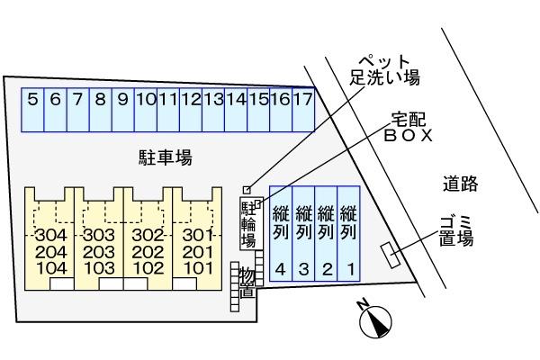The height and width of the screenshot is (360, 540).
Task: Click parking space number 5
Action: click(32, 100)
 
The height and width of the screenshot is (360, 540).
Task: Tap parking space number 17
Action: click(302, 100)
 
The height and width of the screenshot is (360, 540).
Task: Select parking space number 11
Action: click(167, 100)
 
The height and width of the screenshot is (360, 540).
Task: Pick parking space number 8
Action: click(100, 100)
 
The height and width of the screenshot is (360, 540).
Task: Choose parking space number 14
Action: click(235, 100)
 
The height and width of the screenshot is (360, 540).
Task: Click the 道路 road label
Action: click(460, 184)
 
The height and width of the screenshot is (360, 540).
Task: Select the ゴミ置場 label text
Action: click(456, 231)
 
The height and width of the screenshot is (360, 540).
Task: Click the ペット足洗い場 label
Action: click(384, 69)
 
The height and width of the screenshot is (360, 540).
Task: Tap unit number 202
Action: click(147, 252)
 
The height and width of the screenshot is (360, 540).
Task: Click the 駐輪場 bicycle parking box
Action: click(248, 222)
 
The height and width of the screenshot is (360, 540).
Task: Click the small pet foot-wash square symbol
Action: click(247, 189)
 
